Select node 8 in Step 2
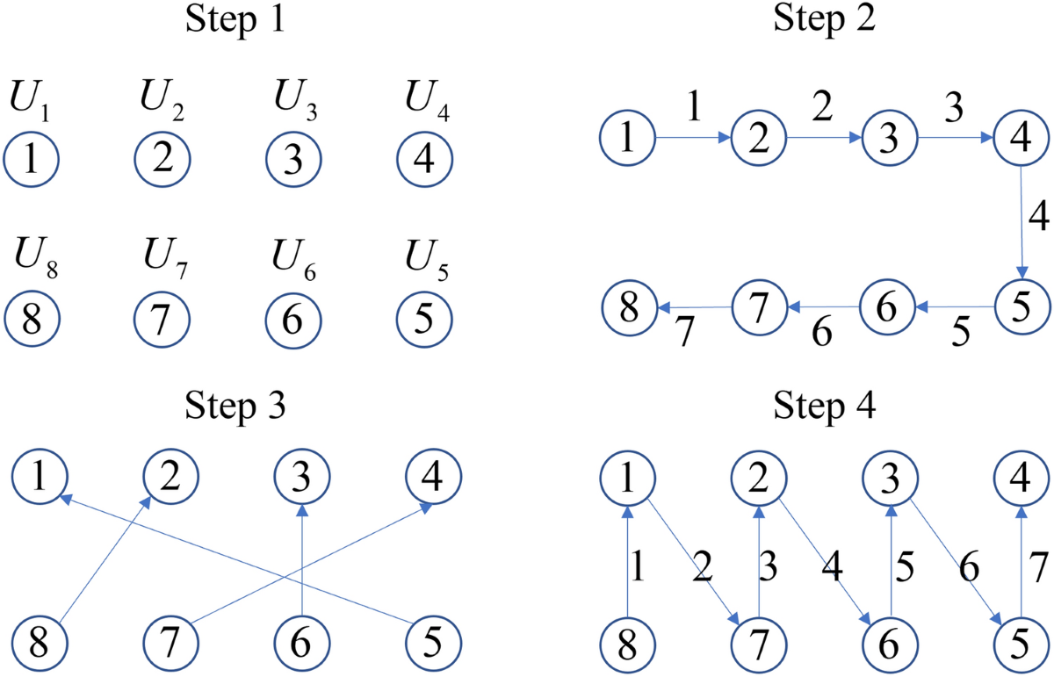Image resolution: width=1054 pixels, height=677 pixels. coord(629,307)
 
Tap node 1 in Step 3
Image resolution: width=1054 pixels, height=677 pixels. coord(40,479)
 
